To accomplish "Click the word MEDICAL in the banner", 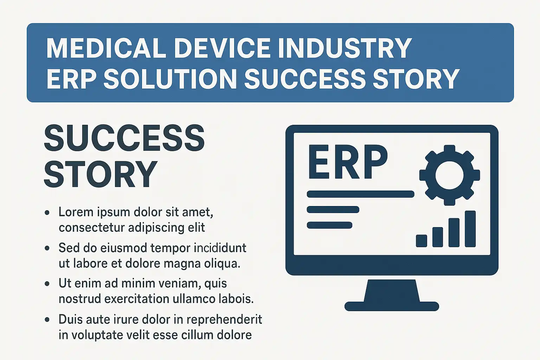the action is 106,48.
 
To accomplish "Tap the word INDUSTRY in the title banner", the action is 345,48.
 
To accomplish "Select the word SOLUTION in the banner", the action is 170,79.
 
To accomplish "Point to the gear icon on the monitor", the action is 450,175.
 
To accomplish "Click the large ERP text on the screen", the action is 348,162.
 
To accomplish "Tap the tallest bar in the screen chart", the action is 470,229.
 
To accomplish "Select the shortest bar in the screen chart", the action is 422,241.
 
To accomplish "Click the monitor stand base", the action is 392,306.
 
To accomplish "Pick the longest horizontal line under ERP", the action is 360,194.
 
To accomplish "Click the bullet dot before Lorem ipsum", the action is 47,213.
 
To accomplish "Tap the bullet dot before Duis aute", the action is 47,320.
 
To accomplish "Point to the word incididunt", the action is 218,248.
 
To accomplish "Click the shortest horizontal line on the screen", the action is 329,225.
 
